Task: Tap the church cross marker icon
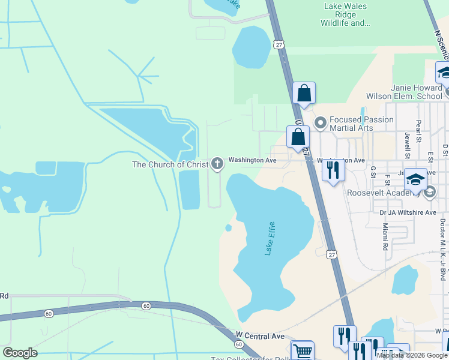tap(217, 163)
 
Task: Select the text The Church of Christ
tap(170, 164)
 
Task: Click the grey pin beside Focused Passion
tap(320, 124)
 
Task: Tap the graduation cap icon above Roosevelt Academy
tap(416, 179)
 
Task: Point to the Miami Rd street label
tap(385, 238)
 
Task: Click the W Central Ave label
tap(260, 336)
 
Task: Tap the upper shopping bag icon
tap(304, 93)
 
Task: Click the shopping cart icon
tap(303, 351)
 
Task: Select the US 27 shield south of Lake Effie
tap(332, 254)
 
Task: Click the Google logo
tap(20, 353)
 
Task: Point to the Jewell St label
tap(407, 145)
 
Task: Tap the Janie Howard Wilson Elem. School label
tap(404, 92)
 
